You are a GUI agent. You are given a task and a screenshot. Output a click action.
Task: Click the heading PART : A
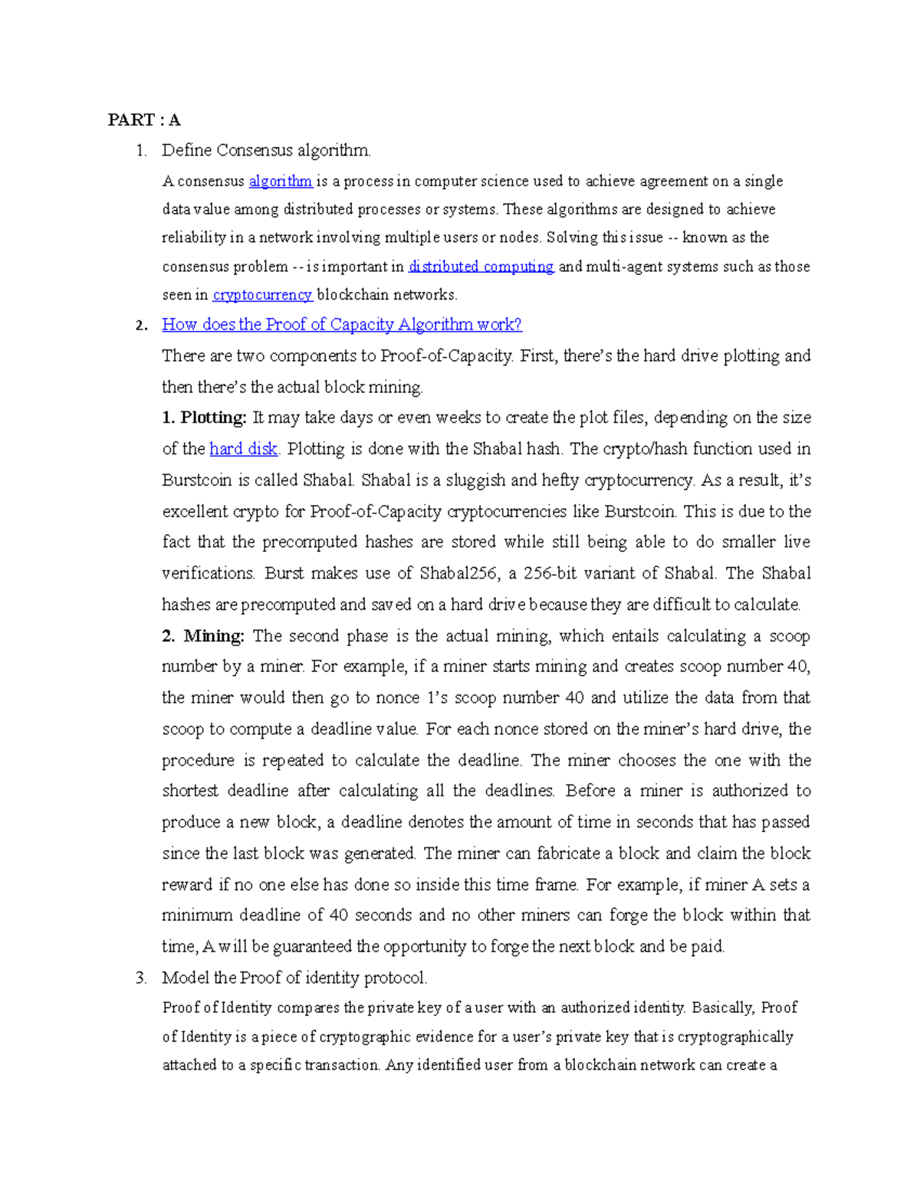click(144, 120)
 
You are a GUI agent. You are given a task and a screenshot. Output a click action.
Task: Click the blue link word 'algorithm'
click(281, 182)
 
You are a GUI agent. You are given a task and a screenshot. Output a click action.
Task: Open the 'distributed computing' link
click(481, 267)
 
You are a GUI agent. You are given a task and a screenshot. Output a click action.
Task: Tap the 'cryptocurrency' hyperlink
click(262, 295)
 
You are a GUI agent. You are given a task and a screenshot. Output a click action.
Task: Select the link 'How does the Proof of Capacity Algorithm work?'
click(342, 325)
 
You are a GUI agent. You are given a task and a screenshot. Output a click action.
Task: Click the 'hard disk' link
click(243, 449)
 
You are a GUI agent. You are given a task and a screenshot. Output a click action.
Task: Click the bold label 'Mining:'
click(214, 636)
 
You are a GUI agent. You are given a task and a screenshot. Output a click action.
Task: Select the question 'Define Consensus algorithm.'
click(266, 150)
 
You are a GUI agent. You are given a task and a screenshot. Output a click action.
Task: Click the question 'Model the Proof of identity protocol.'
click(294, 978)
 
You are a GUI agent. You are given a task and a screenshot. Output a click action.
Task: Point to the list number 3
click(140, 978)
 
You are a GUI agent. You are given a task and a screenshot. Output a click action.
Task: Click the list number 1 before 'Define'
click(140, 150)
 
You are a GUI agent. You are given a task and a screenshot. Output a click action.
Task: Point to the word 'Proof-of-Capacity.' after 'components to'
click(447, 356)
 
